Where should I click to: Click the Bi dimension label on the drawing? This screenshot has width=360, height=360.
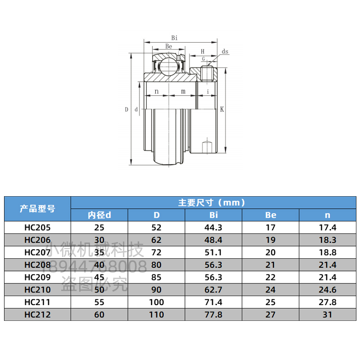175,38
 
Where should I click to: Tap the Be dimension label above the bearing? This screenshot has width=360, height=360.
169,46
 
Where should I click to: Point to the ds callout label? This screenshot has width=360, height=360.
225,51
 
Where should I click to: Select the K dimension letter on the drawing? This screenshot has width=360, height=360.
222,109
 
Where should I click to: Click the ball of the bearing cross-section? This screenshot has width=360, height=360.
169,67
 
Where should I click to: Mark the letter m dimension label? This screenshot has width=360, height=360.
183,92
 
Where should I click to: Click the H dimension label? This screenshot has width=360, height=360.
202,51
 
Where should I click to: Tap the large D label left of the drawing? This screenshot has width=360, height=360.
126,109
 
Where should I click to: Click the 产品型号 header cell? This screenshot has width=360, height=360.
37,209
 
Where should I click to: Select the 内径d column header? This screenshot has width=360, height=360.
99,215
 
